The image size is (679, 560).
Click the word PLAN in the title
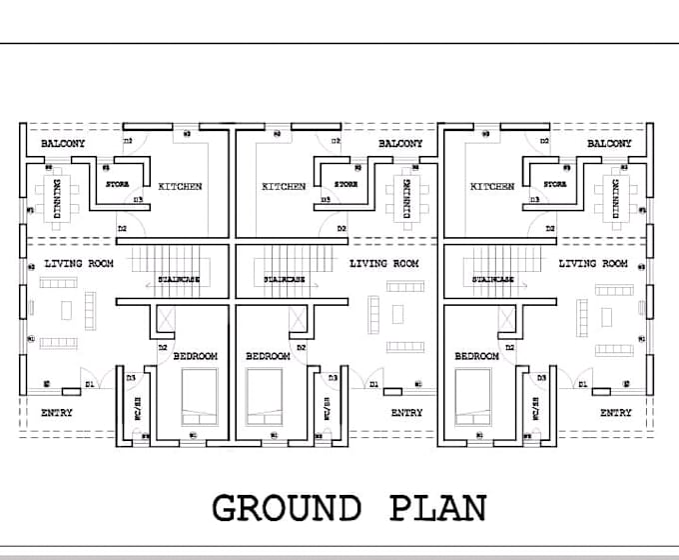click(438, 508)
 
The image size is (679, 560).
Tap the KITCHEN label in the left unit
click(181, 186)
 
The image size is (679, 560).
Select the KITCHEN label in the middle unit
click(284, 186)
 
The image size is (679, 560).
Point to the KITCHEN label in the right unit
click(491, 186)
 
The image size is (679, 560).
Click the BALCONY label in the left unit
click(62, 144)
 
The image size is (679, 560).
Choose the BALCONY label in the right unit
click(609, 144)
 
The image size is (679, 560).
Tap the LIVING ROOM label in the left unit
click(79, 264)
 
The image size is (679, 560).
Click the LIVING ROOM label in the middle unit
click(383, 264)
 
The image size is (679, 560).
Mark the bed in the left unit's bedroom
click(198, 394)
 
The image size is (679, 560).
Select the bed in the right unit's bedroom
click(473, 394)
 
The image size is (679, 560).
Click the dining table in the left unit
click(54, 197)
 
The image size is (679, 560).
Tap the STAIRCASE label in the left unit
click(178, 280)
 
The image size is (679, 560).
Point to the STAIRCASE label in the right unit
click(493, 280)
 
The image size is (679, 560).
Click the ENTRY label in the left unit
click(56, 412)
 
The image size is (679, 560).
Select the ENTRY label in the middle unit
click(406, 412)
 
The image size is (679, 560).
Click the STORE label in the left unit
click(118, 184)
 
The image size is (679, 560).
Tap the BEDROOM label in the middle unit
click(268, 356)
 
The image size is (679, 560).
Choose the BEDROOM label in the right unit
click(476, 356)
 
